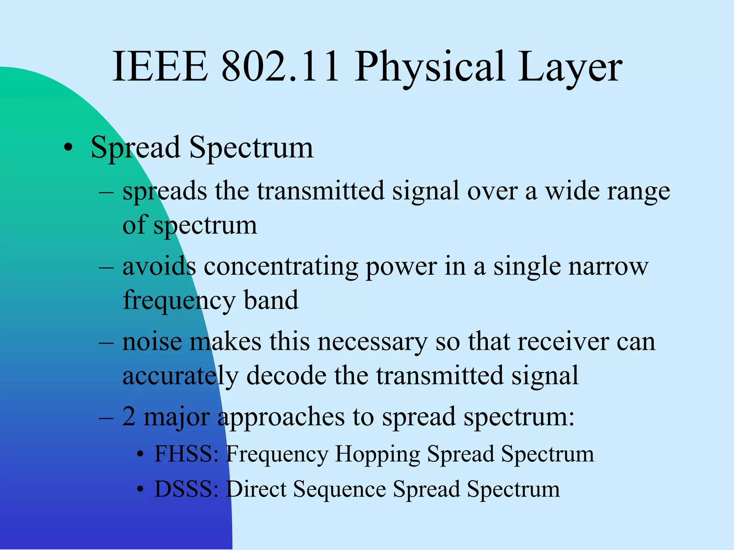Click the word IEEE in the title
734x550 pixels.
pos(160,67)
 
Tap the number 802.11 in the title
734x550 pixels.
pos(280,67)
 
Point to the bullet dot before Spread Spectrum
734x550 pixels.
pos(68,148)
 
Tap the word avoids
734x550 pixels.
pos(159,266)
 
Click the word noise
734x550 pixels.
pos(152,342)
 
